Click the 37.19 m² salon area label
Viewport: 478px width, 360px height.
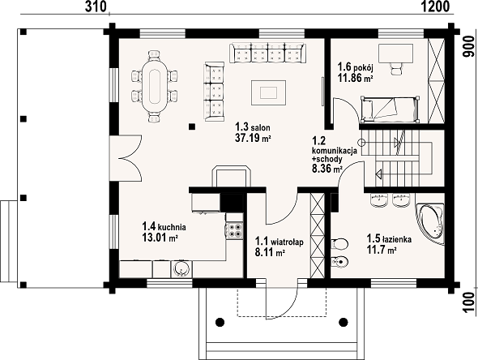coord(253,138)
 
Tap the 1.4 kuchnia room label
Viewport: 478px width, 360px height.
coord(164,227)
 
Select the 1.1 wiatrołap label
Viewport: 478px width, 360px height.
coord(280,242)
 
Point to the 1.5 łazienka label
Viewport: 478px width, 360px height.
coord(389,239)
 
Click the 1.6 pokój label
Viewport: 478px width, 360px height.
coord(356,66)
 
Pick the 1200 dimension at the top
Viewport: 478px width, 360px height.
coord(436,6)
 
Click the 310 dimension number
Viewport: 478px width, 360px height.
coord(96,6)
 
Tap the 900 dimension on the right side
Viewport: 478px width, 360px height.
coord(469,46)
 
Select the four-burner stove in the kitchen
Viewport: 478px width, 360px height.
coord(234,230)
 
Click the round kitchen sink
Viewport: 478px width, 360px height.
coord(181,268)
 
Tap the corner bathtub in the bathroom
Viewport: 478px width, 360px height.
coord(430,223)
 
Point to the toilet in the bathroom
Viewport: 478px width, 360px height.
coord(339,244)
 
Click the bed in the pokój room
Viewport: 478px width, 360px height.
coord(389,109)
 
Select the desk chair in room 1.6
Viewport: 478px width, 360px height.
coord(395,69)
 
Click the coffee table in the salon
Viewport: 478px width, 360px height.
coord(268,92)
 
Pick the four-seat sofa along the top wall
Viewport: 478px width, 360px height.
coord(267,54)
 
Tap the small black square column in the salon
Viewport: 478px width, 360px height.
coord(192,126)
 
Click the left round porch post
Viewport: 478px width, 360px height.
coord(220,322)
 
